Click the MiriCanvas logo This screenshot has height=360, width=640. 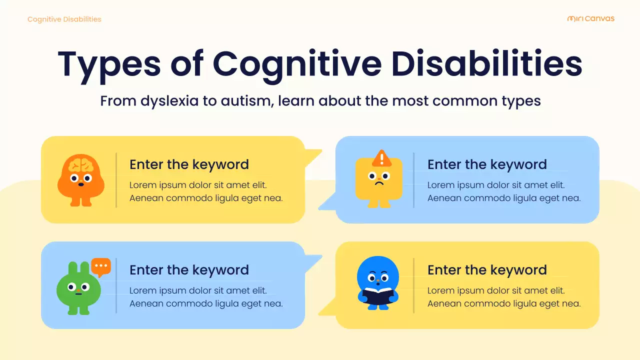pyautogui.click(x=590, y=19)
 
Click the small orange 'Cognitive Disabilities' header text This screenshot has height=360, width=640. pyautogui.click(x=64, y=19)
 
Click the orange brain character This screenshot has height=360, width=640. pyautogui.click(x=80, y=180)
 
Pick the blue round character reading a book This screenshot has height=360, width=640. pyautogui.click(x=378, y=283)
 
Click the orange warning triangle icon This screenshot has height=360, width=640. pyautogui.click(x=382, y=158)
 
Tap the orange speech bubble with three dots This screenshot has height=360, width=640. pyautogui.click(x=101, y=266)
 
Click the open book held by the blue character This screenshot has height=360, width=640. pyautogui.click(x=378, y=295)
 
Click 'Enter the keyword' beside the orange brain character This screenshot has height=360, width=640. pyautogui.click(x=189, y=164)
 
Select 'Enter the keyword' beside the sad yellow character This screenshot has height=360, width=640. pyautogui.click(x=486, y=164)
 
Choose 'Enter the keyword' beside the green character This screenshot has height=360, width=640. pyautogui.click(x=189, y=270)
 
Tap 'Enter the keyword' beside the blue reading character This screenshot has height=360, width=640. pyautogui.click(x=486, y=270)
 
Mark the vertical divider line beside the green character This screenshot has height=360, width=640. pyautogui.click(x=116, y=285)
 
